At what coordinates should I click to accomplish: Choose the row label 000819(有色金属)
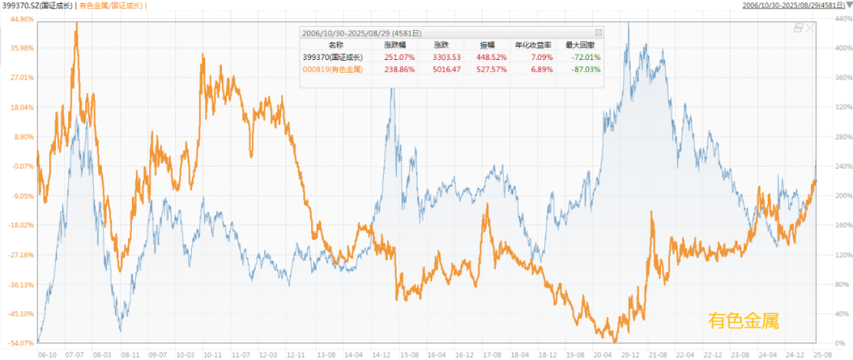tap(332, 69)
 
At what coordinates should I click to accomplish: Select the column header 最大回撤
tap(583, 45)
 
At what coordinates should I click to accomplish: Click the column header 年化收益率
tap(530, 45)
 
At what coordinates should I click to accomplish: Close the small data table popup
tap(598, 32)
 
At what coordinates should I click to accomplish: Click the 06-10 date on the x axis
tap(47, 355)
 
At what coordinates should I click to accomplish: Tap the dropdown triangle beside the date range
tap(847, 6)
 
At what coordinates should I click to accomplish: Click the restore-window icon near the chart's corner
tap(799, 28)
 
